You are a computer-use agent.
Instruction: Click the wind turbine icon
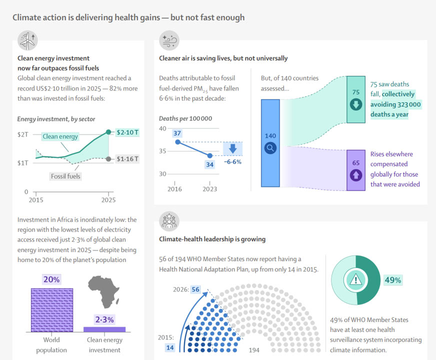[x=27, y=40]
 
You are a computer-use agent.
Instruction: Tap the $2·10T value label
[x=127, y=132]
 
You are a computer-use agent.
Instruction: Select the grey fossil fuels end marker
[x=108, y=159]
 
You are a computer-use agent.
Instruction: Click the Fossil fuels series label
[x=65, y=176]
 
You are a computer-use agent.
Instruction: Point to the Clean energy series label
[x=60, y=136]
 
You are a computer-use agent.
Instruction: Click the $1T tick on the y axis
[x=23, y=163]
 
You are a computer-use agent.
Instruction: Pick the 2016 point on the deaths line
[x=178, y=142]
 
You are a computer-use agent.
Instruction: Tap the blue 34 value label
[x=209, y=164]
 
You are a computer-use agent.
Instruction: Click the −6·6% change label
[x=232, y=162]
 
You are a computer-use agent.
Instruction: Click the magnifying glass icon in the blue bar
[x=270, y=148]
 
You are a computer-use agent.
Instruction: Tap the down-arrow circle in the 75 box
[x=356, y=104]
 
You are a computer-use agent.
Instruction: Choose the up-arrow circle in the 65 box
[x=356, y=175]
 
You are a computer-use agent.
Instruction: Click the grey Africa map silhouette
[x=103, y=292]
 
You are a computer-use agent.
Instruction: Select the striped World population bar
[x=52, y=310]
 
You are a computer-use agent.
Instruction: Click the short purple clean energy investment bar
[x=104, y=329]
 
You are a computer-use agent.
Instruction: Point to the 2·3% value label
[x=104, y=319]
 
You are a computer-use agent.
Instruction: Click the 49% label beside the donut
[x=393, y=280]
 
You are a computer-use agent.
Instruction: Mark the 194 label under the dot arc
[x=254, y=350]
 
